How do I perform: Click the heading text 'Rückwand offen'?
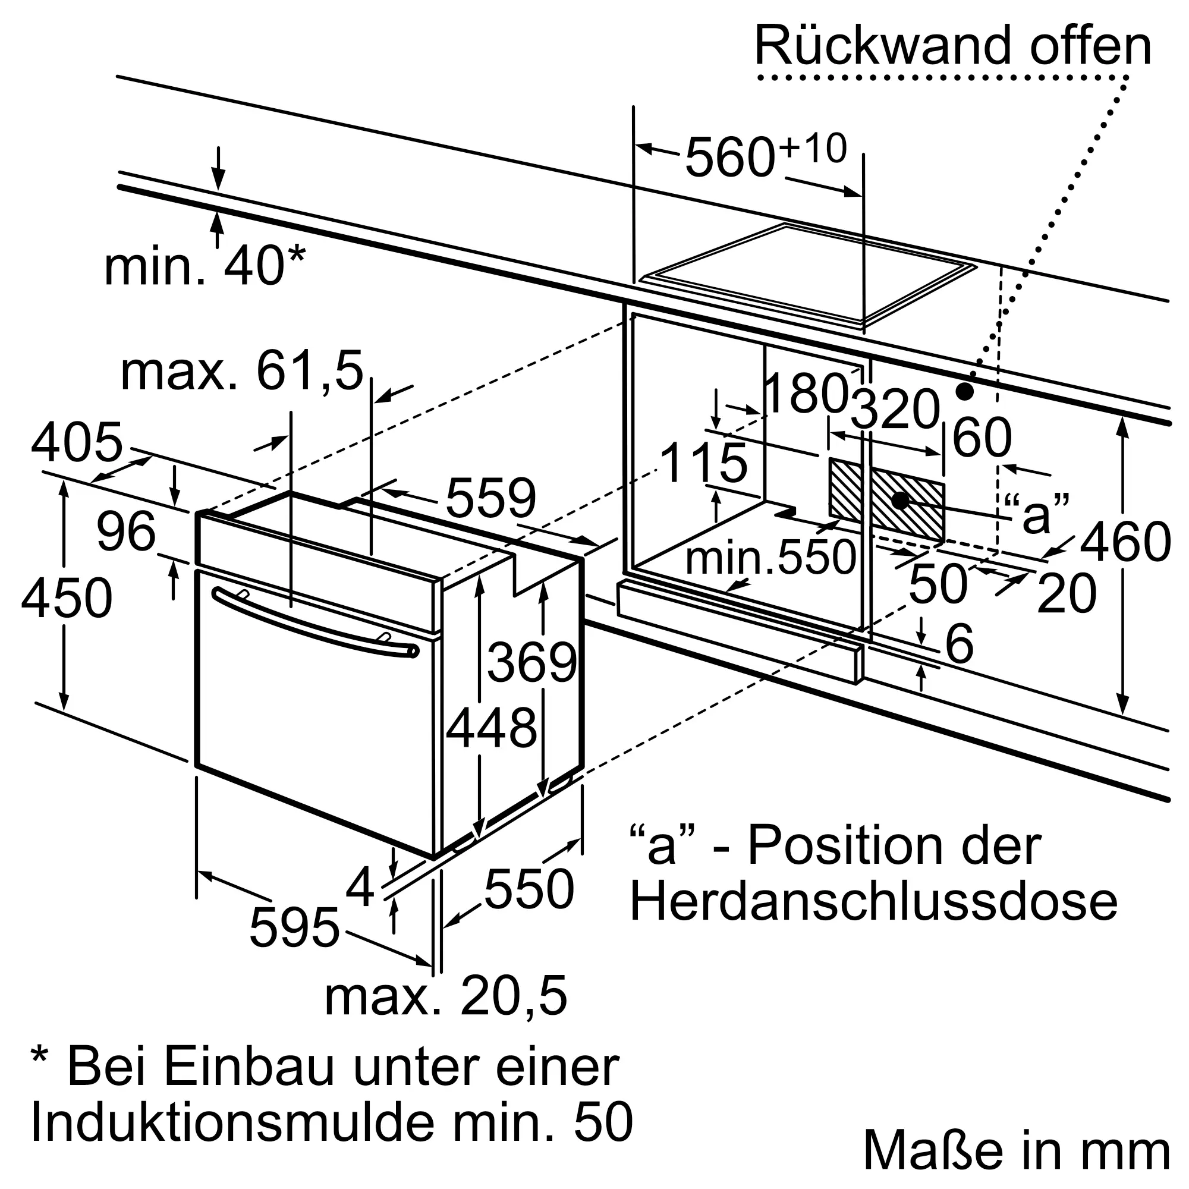pyautogui.click(x=952, y=47)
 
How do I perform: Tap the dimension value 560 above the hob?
pyautogui.click(x=729, y=158)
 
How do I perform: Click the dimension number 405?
pyautogui.click(x=77, y=442)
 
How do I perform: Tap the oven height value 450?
pyautogui.click(x=67, y=597)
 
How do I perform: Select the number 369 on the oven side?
pyautogui.click(x=531, y=663)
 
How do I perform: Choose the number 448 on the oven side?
pyautogui.click(x=491, y=729)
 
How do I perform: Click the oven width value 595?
pyautogui.click(x=294, y=928)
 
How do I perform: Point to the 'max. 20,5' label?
pyautogui.click(x=445, y=997)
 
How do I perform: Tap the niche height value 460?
pyautogui.click(x=1125, y=542)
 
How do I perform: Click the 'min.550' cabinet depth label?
pyautogui.click(x=770, y=558)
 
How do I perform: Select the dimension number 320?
pyautogui.click(x=896, y=409)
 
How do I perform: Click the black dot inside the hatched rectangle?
pyautogui.click(x=900, y=501)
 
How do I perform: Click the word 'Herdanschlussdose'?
pyautogui.click(x=873, y=903)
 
